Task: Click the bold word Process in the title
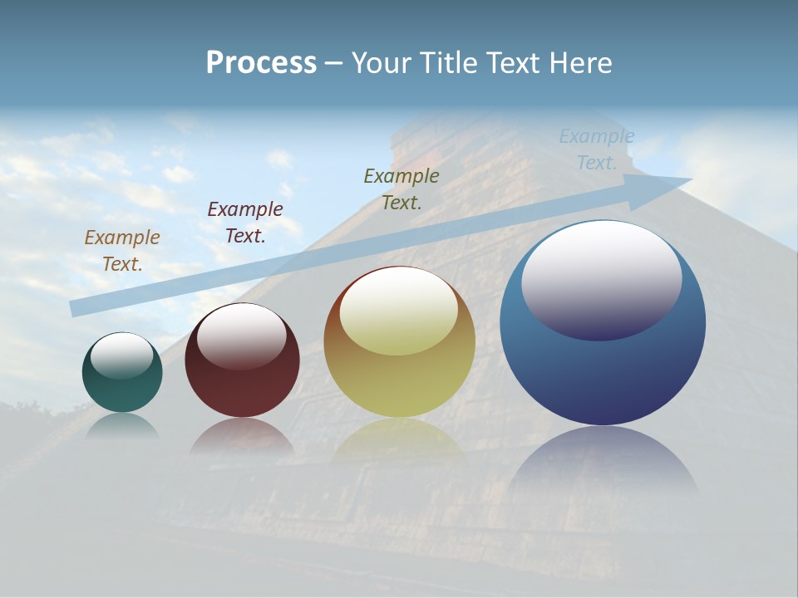261,63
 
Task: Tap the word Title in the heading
444,63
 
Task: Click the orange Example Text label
121,251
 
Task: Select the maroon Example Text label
244,223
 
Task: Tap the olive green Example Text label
401,189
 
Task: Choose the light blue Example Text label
596,149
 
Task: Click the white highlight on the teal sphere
121,355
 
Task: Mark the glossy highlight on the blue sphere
601,278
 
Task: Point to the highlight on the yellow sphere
398,311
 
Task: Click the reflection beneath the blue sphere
603,461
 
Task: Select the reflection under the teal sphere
122,426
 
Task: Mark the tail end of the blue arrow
79,308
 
